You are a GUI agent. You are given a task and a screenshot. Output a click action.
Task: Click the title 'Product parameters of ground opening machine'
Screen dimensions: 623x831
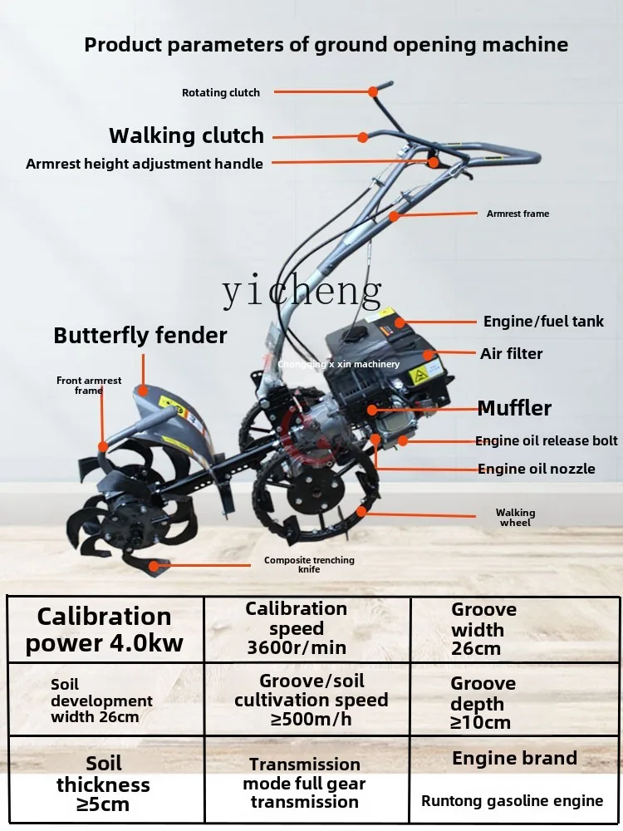point(326,45)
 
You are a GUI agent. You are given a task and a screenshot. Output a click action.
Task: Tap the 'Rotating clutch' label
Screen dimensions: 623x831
point(221,93)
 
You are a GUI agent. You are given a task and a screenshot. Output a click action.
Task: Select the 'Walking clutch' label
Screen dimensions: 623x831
point(186,135)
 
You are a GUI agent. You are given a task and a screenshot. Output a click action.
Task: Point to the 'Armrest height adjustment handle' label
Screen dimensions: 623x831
point(145,164)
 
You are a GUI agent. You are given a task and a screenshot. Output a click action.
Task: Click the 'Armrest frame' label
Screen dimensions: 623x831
point(518,214)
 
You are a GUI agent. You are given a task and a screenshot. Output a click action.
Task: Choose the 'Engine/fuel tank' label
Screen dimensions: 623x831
point(543,322)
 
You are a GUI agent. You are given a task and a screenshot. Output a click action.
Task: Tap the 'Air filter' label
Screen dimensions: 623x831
point(511,354)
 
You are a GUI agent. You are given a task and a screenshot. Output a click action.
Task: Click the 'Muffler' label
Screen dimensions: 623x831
point(514,408)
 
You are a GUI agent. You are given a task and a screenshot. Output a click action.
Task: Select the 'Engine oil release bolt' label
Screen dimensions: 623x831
point(547,440)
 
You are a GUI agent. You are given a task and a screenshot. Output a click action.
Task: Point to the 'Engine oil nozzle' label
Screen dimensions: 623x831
point(536,469)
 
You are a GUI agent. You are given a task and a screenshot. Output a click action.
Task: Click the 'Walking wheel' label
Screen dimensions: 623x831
point(515,518)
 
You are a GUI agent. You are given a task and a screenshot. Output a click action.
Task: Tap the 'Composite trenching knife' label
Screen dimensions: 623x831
point(309,565)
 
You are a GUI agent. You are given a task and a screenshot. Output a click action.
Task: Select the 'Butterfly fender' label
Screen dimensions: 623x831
point(140,336)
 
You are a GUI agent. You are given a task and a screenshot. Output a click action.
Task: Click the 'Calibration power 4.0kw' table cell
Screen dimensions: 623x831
point(105,629)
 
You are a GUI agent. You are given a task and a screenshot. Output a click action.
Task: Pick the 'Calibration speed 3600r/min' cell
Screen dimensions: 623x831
point(296,628)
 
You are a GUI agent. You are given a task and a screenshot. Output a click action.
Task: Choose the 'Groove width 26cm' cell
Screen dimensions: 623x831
point(483,629)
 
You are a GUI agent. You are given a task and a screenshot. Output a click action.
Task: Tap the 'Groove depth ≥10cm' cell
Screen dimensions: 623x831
point(483,702)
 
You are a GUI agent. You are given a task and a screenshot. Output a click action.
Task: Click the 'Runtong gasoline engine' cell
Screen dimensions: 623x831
point(512,801)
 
